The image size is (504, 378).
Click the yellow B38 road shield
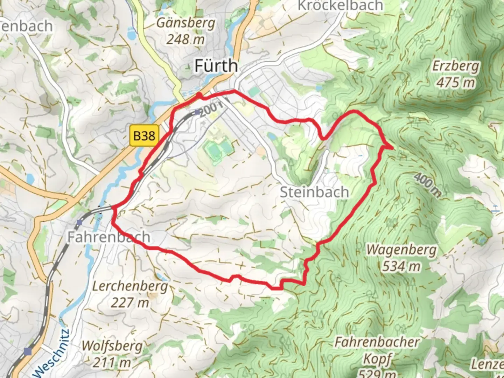tap(144, 135)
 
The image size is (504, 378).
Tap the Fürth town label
tap(216, 66)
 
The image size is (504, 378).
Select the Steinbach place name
tap(314, 192)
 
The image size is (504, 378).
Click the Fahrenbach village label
tap(108, 237)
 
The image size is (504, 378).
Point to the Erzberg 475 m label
tap(455, 74)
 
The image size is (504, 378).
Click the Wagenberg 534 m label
tap(401, 258)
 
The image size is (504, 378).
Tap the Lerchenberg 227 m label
tap(130, 294)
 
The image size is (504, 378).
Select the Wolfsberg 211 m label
tap(112, 354)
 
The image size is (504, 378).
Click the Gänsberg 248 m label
tap(185, 31)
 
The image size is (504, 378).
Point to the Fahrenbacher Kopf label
tap(377, 350)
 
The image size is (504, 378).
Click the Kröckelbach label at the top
tap(340, 6)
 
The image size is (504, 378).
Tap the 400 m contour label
tap(427, 184)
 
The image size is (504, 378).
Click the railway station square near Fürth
tap(197, 112)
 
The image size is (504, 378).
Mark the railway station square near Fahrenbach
tap(80, 222)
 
